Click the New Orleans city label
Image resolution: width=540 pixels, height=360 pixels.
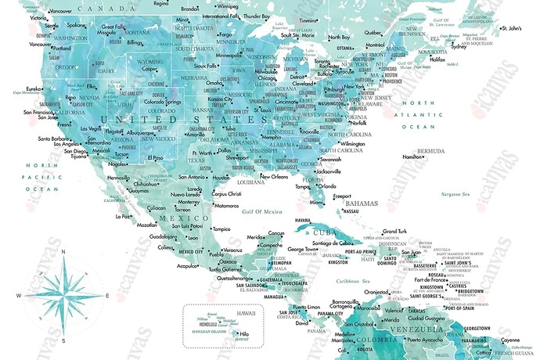tap(274, 177)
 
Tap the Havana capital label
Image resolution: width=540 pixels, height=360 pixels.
tap(303, 221)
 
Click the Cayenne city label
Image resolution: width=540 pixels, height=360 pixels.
tap(509, 340)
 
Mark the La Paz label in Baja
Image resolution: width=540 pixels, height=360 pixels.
tap(122, 216)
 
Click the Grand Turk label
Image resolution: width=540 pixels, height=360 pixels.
tap(394, 232)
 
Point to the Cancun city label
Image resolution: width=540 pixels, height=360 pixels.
tap(276, 233)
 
